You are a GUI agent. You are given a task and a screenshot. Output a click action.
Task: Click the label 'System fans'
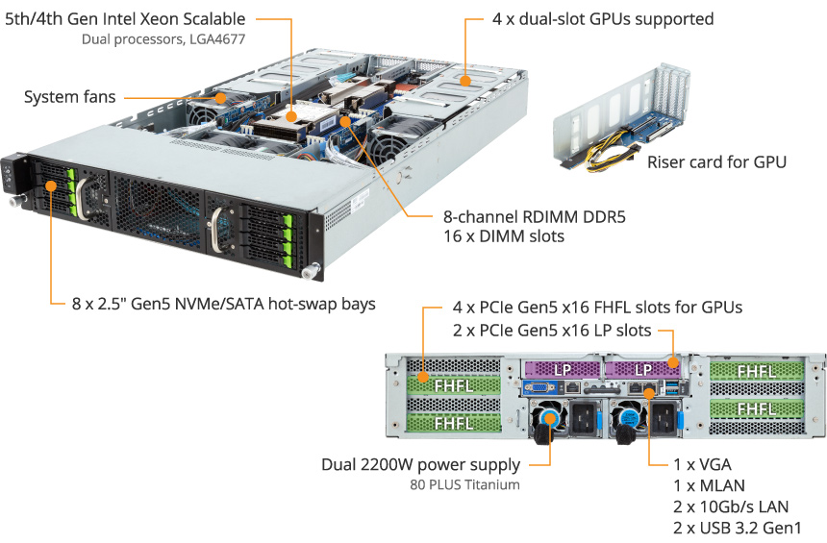[69, 97]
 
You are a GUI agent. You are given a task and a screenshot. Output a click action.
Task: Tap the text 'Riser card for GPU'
[716, 161]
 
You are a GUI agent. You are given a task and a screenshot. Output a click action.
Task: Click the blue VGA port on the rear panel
[539, 388]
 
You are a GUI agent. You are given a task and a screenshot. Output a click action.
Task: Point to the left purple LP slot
[562, 369]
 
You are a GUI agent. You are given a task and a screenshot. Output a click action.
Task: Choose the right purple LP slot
[643, 369]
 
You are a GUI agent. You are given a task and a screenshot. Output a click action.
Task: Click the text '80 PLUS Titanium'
[464, 484]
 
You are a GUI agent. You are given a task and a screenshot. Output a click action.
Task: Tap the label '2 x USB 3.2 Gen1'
[737, 528]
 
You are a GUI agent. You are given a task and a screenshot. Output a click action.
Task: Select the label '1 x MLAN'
[709, 485]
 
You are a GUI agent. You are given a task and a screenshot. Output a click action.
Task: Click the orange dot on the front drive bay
[51, 185]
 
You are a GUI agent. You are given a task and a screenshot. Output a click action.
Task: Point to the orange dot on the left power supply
[550, 420]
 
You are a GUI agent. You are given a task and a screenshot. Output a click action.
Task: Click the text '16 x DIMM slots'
[504, 236]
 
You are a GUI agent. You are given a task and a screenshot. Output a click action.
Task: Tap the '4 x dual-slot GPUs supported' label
[603, 19]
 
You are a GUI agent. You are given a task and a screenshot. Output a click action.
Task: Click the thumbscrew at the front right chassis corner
[309, 271]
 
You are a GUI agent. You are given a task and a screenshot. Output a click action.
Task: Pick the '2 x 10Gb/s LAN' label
[731, 506]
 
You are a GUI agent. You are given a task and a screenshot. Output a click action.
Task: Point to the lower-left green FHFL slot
[454, 423]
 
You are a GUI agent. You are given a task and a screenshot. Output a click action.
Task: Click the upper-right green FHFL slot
[757, 371]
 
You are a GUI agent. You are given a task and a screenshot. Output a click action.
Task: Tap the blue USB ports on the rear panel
[672, 389]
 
